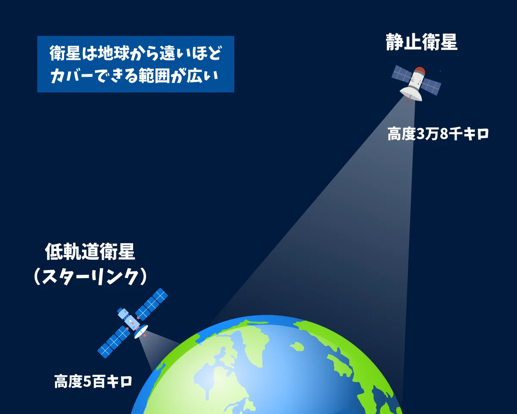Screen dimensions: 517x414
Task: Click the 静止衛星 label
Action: tap(421, 42)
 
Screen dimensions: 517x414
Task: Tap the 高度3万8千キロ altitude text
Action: tap(438, 134)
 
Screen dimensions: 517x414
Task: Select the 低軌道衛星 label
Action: tap(90, 251)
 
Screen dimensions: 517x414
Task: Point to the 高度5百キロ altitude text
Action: tap(93, 381)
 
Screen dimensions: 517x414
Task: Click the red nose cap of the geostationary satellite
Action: tap(420, 70)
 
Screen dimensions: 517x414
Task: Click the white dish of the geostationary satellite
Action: tap(411, 94)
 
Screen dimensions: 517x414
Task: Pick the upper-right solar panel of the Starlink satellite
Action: tap(151, 304)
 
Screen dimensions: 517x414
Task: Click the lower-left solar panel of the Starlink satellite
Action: tap(114, 342)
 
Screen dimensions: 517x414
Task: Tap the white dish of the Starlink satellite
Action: tap(140, 332)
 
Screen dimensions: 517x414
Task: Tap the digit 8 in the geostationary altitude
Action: tap(444, 134)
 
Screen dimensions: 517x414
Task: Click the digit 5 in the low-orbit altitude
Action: tap(87, 382)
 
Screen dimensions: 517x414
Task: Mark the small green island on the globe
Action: tap(297, 347)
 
